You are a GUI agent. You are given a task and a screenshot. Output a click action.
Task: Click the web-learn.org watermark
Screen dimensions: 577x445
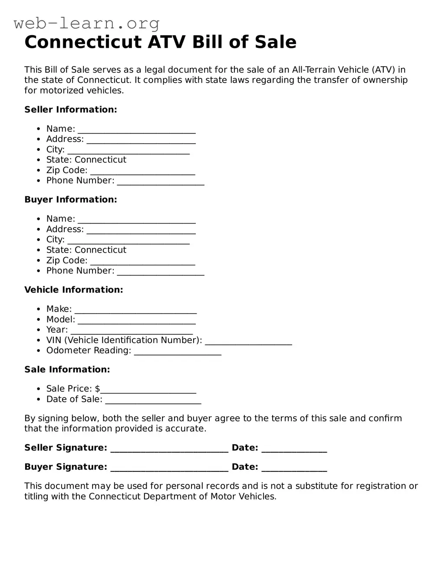click(87, 23)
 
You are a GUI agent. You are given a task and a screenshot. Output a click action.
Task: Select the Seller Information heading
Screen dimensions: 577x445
click(71, 110)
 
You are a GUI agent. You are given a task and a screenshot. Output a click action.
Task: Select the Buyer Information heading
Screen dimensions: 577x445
click(71, 200)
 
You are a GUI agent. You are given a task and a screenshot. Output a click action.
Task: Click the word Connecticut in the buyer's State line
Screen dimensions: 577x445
click(100, 250)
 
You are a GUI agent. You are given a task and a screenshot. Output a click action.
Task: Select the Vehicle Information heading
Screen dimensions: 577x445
click(74, 290)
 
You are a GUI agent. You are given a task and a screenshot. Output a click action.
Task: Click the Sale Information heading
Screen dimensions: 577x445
click(67, 370)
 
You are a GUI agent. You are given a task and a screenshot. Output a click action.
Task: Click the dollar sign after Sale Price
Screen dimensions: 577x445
click(98, 389)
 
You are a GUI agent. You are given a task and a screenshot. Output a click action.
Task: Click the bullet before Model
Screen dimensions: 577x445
click(39, 320)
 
